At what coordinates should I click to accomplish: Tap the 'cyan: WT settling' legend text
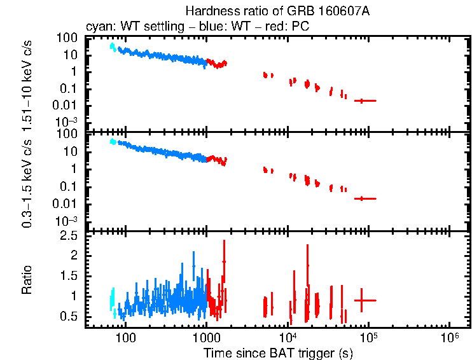(128, 27)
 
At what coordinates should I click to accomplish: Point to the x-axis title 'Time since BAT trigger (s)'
(278, 352)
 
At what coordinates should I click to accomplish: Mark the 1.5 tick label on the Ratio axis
(70, 276)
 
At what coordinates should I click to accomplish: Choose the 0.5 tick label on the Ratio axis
(70, 317)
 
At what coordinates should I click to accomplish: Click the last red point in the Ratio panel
(362, 300)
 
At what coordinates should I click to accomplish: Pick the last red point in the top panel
(362, 100)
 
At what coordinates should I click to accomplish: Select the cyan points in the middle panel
(113, 142)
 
